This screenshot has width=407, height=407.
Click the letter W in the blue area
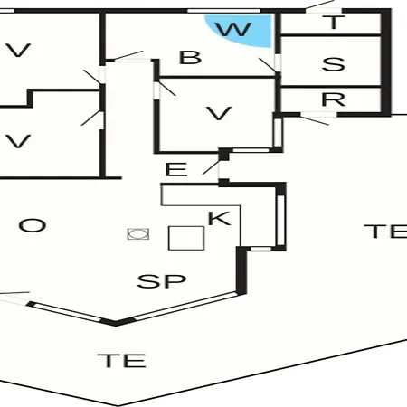[x=234, y=30]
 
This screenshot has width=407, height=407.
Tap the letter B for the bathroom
[x=190, y=57]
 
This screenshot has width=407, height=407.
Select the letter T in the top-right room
[x=333, y=23]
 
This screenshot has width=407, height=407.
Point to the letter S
[x=333, y=64]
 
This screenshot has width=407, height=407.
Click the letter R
[x=333, y=99]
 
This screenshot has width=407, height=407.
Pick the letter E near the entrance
[x=176, y=169]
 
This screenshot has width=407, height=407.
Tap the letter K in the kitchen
[x=220, y=218]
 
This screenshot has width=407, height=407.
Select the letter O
[x=33, y=225]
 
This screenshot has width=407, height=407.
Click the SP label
[x=161, y=281]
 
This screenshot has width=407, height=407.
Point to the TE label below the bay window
[x=122, y=360]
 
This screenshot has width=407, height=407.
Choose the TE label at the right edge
[x=386, y=232]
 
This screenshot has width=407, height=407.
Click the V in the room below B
[x=219, y=113]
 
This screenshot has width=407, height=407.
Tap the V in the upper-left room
[x=18, y=51]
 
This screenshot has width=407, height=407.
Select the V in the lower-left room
[x=18, y=141]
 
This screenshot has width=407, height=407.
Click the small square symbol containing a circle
[x=138, y=234]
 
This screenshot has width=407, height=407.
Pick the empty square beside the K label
[x=186, y=238]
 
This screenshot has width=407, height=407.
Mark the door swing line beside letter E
[x=211, y=167]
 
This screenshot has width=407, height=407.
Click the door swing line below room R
[x=314, y=120]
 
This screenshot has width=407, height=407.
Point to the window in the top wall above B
[x=223, y=11]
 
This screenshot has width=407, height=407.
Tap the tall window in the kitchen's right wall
[x=280, y=221]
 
